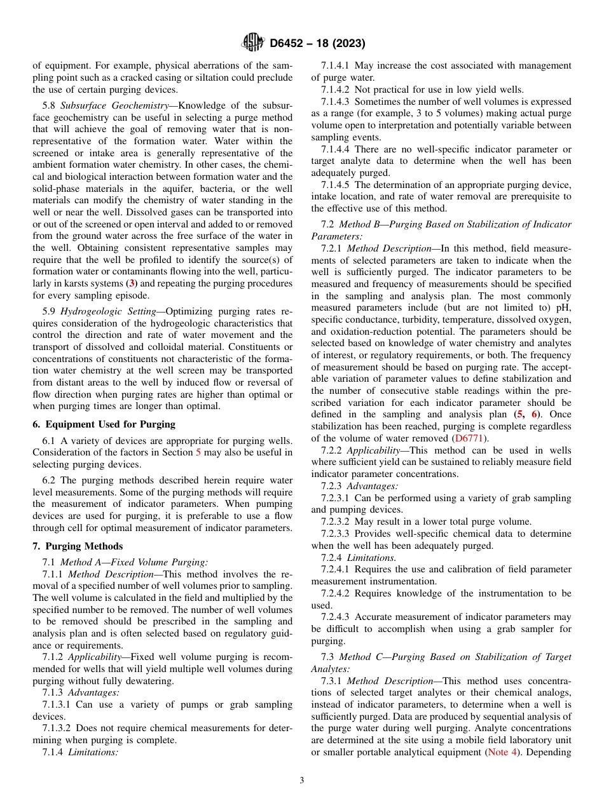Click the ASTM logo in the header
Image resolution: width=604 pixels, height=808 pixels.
coord(252,43)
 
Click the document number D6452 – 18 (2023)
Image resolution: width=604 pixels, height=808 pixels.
coord(317,44)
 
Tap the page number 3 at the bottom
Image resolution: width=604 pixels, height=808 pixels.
coord(302,781)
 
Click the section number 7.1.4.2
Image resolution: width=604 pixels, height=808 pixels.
coord(335,90)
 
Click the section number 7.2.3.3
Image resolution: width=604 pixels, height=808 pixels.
coord(335,534)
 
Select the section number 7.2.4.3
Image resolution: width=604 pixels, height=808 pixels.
coord(335,617)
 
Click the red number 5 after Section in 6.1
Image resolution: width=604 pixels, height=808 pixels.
coord(197,452)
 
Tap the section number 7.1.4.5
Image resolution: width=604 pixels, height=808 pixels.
coord(335,185)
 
